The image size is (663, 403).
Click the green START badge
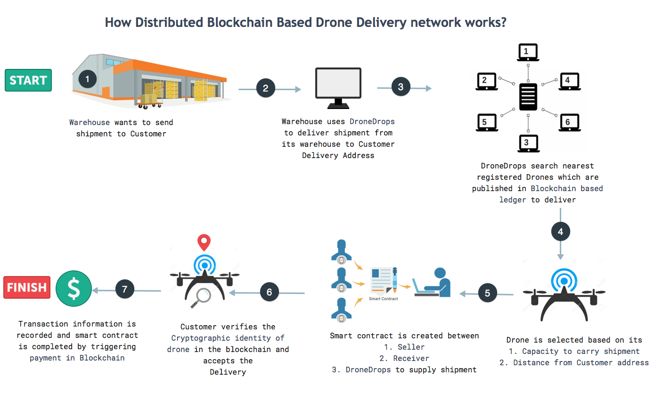coord(28,80)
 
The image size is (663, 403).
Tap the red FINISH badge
coord(27,287)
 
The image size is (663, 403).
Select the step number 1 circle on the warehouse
coord(87,79)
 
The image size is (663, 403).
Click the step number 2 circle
coord(266,88)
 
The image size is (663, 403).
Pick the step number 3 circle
coord(401,87)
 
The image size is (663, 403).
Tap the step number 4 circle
coord(560,232)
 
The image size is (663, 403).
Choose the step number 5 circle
coord(487,293)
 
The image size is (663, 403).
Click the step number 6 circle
coord(269,292)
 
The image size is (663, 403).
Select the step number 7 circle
coord(125,289)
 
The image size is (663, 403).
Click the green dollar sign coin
coord(74,288)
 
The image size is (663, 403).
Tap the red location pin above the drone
coord(204,242)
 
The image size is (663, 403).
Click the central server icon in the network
coord(528,97)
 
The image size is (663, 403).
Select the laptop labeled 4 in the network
coord(569,82)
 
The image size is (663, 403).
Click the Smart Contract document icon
coord(383,281)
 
